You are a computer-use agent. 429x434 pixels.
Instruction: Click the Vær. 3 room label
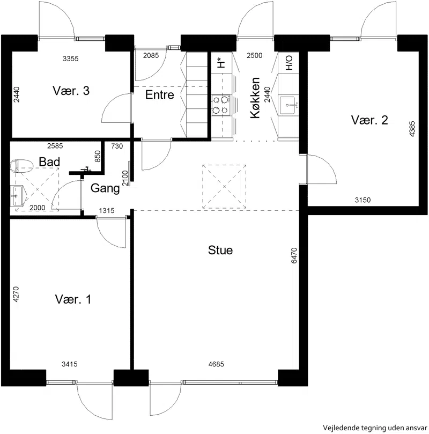[x=71, y=91]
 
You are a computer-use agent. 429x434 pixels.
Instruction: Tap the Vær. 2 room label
[x=369, y=120]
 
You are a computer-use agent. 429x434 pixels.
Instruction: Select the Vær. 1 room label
[x=73, y=299]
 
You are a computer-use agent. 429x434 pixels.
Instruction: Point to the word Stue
[x=220, y=250]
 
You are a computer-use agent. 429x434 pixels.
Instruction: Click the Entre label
[x=160, y=94]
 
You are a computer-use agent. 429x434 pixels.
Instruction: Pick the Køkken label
[x=255, y=98]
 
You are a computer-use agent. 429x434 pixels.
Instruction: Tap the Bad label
[x=49, y=162]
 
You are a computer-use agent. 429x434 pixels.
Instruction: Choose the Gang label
[x=105, y=188]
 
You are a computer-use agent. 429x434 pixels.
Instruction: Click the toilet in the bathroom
[x=21, y=166]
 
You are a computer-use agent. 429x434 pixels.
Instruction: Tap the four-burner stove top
[x=221, y=105]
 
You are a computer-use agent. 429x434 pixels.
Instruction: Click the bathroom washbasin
[x=17, y=196]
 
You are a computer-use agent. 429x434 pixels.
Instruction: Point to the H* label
[x=221, y=63]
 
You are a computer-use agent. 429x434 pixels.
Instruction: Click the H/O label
[x=289, y=63]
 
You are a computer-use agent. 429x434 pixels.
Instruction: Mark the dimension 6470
[x=294, y=255]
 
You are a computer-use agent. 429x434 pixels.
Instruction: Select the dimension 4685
[x=216, y=364]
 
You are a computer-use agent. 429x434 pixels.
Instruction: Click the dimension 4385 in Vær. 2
[x=412, y=129]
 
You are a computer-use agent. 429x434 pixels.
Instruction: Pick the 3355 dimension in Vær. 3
[x=71, y=58]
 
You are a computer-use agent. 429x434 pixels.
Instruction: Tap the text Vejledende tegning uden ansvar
[x=375, y=428]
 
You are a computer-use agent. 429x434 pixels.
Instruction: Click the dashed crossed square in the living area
[x=224, y=187]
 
